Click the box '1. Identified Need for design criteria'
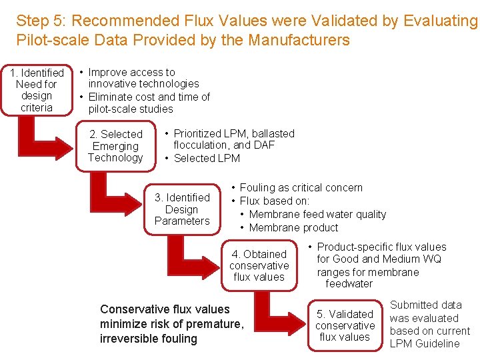(37, 89)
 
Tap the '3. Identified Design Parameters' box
(182, 209)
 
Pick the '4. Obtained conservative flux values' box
(259, 265)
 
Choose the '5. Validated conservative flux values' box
(345, 325)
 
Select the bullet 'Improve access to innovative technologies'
(143, 77)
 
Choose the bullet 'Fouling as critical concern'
(301, 187)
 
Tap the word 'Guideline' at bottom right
(437, 343)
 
